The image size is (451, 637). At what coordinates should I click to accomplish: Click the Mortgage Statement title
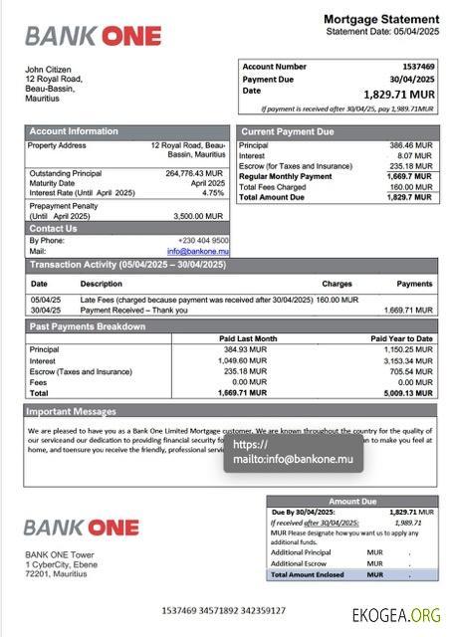(x=381, y=19)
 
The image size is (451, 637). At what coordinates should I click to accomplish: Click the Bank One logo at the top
(x=93, y=36)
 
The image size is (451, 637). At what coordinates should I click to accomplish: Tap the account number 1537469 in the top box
(x=417, y=67)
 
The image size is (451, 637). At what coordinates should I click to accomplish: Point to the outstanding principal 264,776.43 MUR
(x=195, y=173)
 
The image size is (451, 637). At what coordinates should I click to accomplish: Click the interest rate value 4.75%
(x=213, y=193)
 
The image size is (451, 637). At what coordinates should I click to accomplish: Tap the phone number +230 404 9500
(x=203, y=240)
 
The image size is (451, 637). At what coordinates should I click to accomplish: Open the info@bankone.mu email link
(x=197, y=252)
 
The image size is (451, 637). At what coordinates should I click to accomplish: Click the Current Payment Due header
(x=288, y=131)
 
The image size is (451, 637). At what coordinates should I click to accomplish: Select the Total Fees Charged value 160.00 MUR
(x=411, y=187)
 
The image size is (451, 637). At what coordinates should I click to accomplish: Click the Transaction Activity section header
(x=127, y=265)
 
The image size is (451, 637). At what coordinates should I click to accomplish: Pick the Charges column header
(x=337, y=284)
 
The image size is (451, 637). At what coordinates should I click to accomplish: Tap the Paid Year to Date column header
(x=401, y=338)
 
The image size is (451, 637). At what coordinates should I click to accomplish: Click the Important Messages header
(x=72, y=410)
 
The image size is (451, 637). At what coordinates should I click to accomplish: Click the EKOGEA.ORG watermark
(x=396, y=615)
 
